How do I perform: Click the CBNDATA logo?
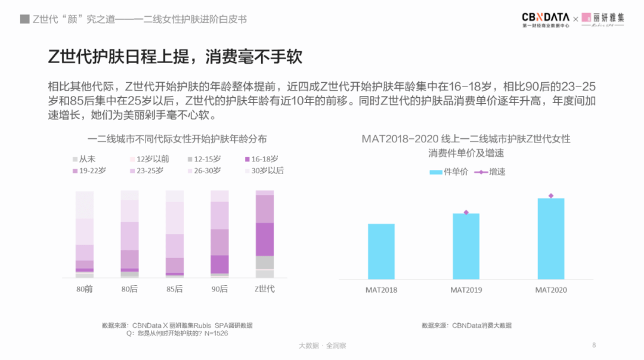[545, 19]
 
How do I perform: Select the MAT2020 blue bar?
[550, 238]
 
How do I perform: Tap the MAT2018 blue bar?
[381, 251]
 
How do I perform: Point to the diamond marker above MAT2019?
[466, 212]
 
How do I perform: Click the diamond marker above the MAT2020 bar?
[550, 195]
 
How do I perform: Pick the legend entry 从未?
[84, 159]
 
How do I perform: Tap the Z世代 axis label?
[264, 289]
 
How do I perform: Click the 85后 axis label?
[175, 289]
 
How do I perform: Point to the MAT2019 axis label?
[466, 290]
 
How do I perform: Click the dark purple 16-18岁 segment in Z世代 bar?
[265, 239]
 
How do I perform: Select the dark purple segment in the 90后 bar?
[219, 264]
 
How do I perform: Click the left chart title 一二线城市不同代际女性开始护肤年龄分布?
[177, 139]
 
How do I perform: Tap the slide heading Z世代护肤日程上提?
[175, 57]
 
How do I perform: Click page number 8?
[594, 345]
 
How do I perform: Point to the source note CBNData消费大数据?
[466, 325]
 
